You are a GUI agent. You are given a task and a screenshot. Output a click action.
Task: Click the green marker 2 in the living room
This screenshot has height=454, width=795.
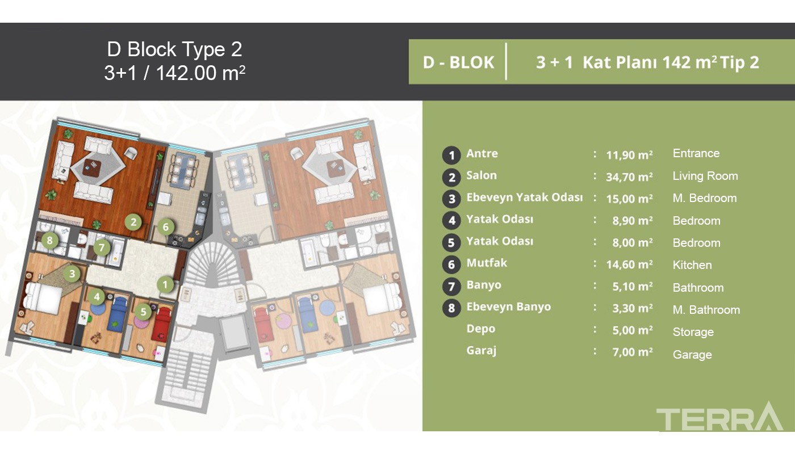(133, 222)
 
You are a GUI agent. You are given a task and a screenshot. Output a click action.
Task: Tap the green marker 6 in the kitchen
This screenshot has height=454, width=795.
(165, 227)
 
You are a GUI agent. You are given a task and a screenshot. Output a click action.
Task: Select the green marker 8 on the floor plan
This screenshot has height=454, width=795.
(50, 241)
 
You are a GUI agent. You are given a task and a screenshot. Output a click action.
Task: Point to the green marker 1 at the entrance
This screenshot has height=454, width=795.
(165, 284)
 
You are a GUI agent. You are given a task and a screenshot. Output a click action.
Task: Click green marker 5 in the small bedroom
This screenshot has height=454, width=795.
(143, 312)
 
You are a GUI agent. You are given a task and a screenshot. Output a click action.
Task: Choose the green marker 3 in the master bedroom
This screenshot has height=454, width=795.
(72, 274)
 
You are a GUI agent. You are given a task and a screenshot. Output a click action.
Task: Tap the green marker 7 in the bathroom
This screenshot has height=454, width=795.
(102, 247)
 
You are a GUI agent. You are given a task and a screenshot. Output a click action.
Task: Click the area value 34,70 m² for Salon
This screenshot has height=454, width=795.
(629, 176)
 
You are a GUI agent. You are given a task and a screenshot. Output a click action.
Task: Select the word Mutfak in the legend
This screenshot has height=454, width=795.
(487, 263)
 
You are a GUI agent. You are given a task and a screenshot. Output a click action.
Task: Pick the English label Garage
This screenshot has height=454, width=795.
(692, 354)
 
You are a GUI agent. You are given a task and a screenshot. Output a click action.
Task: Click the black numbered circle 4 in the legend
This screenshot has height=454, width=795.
(451, 221)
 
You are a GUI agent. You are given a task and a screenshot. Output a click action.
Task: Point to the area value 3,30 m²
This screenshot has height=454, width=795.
(633, 308)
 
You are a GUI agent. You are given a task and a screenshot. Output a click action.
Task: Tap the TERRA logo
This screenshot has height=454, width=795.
(719, 417)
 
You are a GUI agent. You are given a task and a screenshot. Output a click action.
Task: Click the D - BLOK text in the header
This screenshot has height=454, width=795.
(458, 62)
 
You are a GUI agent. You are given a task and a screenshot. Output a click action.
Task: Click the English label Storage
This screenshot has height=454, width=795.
(693, 332)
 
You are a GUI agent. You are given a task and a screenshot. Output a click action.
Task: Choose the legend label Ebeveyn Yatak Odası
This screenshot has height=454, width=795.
(525, 197)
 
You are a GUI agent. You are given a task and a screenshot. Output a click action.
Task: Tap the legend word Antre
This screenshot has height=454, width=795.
(482, 153)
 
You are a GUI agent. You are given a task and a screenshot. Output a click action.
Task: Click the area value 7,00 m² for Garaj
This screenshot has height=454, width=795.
(633, 352)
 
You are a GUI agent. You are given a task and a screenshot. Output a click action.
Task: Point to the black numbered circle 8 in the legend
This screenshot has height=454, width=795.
(451, 308)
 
